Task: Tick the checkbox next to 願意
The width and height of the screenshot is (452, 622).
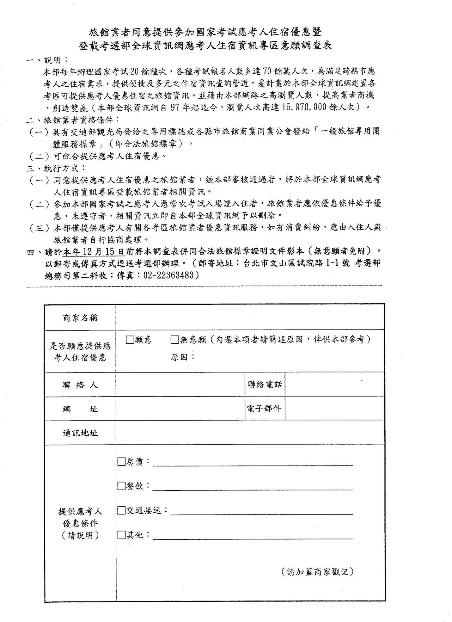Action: tap(130, 340)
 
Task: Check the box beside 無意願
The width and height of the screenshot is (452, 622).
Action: tap(174, 340)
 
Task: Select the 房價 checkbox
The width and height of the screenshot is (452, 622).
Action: tap(121, 462)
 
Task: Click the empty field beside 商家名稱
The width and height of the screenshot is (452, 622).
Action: tap(250, 317)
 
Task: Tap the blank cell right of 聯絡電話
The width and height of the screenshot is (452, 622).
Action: tap(334, 385)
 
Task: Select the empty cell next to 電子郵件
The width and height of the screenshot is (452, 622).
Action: tap(334, 409)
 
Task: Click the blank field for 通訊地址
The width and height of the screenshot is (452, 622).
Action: tap(250, 433)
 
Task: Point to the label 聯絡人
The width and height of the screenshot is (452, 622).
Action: tap(80, 385)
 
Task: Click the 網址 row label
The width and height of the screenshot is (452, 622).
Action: tap(80, 409)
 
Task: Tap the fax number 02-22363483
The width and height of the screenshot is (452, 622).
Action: tap(168, 275)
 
